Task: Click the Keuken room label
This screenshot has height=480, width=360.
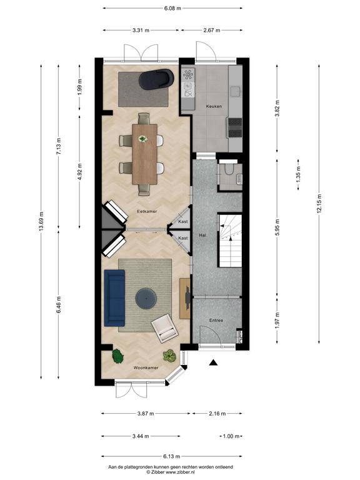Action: tap(214, 106)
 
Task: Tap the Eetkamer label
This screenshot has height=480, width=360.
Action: tap(147, 211)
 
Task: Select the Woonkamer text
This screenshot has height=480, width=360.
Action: tap(146, 367)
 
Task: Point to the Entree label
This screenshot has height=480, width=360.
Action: tap(216, 320)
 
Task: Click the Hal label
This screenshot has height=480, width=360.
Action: tap(202, 235)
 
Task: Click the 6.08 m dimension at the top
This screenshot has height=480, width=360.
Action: tap(172, 8)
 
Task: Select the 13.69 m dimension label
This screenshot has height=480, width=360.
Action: tap(41, 222)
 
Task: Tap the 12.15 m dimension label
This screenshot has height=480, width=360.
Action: tap(319, 204)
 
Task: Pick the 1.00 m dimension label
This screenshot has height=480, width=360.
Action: tap(231, 436)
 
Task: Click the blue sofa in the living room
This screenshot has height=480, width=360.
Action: tap(114, 298)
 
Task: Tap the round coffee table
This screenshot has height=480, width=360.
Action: tap(146, 299)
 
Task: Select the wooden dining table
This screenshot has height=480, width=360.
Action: tap(145, 154)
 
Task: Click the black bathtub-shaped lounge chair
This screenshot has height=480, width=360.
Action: tap(156, 79)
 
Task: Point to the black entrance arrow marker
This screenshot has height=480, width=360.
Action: tap(213, 362)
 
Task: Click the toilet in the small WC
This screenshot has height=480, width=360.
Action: tap(228, 169)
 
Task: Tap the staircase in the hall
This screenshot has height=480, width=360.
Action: tap(230, 241)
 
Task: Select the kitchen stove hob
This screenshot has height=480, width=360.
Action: tap(234, 127)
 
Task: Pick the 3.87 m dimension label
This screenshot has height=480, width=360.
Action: tap(146, 414)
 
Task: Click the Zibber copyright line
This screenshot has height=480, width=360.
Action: tap(171, 472)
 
